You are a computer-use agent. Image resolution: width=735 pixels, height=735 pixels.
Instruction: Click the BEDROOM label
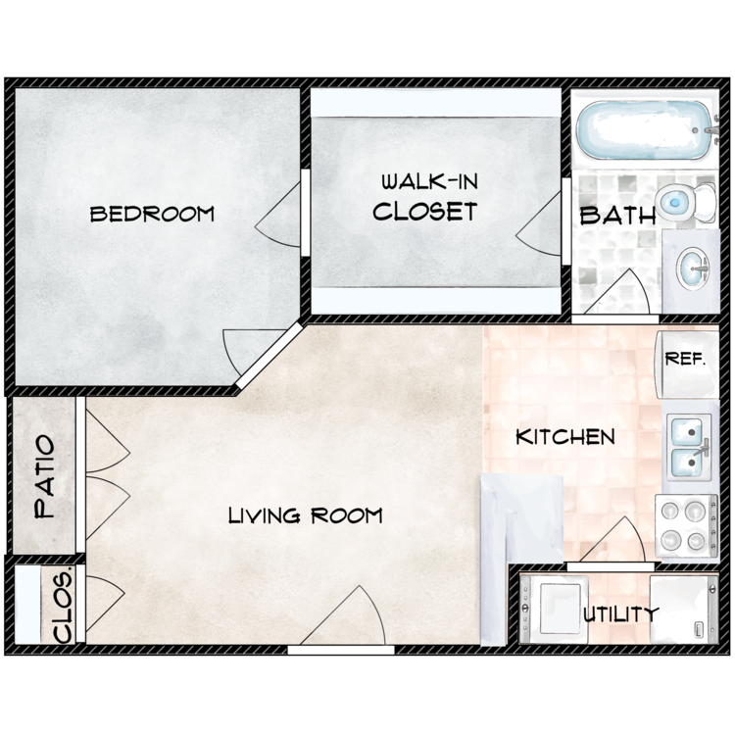pyautogui.click(x=152, y=214)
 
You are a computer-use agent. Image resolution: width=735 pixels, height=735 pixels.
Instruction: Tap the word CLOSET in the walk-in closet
pyautogui.click(x=424, y=211)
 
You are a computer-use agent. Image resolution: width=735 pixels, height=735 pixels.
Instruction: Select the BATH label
pyautogui.click(x=617, y=216)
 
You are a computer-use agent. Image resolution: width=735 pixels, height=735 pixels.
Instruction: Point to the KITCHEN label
pyautogui.click(x=565, y=437)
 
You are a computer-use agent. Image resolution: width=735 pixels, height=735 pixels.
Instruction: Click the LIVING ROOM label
pyautogui.click(x=305, y=515)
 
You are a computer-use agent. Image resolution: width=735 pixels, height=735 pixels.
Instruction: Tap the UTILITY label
pyautogui.click(x=621, y=615)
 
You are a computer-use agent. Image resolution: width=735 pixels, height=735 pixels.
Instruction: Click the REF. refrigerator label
pyautogui.click(x=685, y=359)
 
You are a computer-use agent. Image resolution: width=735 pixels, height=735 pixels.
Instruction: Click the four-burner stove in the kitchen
pyautogui.click(x=683, y=525)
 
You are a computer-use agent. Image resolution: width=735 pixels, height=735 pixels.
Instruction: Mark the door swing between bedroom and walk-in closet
pyautogui.click(x=281, y=220)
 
